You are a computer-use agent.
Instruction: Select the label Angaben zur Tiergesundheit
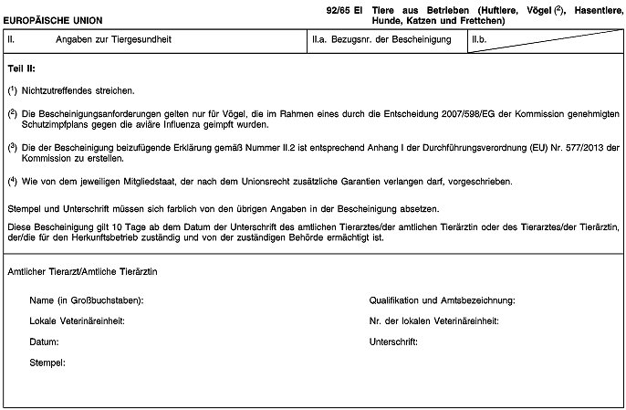[113, 41]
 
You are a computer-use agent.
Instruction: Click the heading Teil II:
[21, 69]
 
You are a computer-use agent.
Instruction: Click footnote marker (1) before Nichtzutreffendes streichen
[11, 91]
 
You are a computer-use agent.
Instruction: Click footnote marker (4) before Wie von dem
[11, 179]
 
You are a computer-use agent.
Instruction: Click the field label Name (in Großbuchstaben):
[86, 301]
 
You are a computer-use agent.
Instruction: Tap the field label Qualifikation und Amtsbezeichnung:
[443, 301]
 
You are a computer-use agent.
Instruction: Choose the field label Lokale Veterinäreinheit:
[77, 321]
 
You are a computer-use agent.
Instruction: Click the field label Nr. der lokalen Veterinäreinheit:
[433, 321]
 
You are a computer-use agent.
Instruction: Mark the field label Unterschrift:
[393, 342]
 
